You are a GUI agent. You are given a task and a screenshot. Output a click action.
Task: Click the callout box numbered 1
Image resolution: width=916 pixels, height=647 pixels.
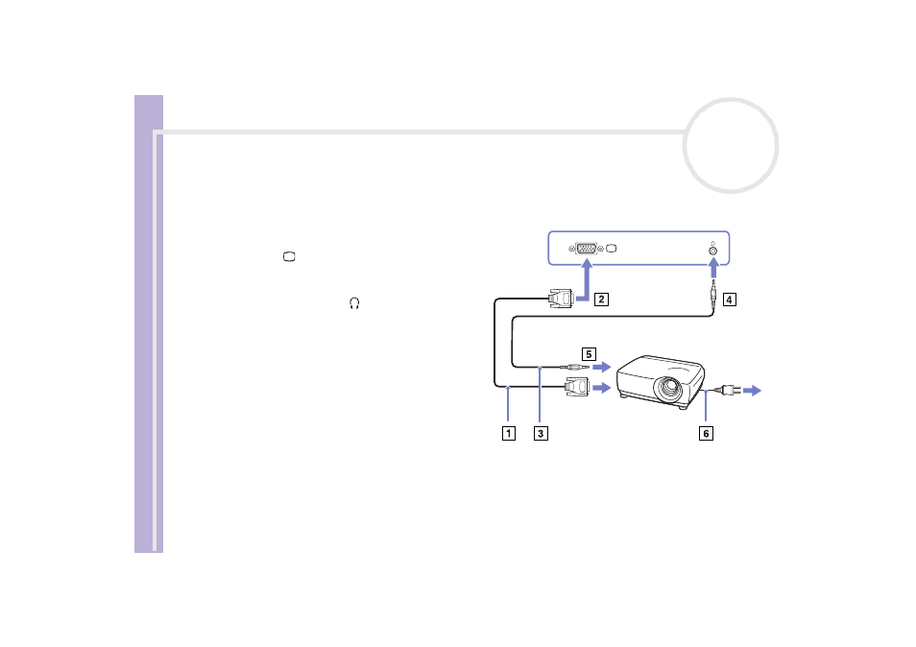pos(509,433)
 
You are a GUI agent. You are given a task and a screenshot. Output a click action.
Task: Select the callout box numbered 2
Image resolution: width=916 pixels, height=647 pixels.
pos(601,300)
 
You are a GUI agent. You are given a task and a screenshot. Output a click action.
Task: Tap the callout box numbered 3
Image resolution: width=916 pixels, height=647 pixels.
pos(541,433)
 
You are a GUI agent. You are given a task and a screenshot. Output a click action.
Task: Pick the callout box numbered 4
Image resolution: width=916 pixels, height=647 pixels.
pos(729,300)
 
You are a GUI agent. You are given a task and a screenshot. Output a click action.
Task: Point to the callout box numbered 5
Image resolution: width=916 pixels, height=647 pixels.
pos(589,354)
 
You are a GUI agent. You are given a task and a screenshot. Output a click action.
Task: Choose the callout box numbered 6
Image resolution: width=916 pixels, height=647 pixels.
pos(707,433)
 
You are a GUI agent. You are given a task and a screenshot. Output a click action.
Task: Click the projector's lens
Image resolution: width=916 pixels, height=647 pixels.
pos(667,387)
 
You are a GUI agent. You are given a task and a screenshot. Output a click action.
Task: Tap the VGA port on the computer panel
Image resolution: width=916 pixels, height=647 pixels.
pos(586,249)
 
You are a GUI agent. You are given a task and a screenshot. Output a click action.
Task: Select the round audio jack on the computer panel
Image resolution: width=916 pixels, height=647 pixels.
pos(712,252)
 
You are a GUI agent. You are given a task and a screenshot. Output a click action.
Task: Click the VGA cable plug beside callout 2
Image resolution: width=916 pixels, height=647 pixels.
pos(561,298)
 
